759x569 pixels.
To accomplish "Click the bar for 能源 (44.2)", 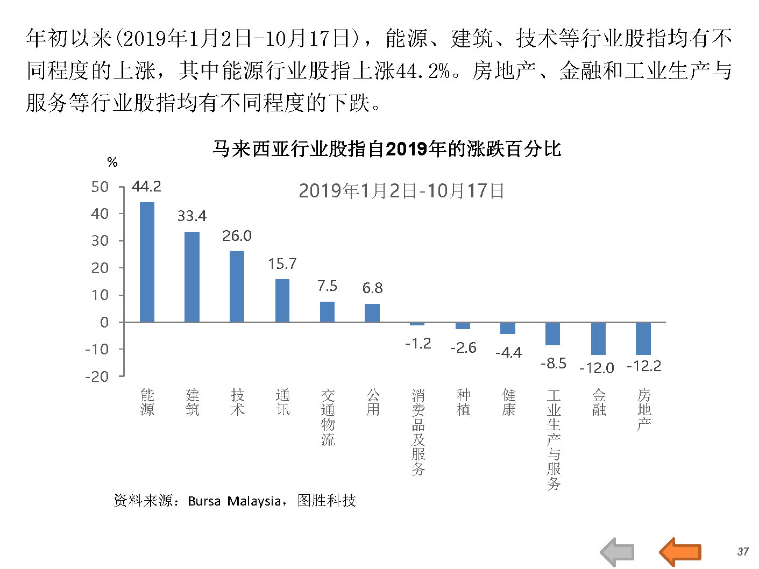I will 147,262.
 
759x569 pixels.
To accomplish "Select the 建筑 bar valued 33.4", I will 192,277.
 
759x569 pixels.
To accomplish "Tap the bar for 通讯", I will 282,301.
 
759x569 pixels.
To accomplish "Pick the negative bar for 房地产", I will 643,338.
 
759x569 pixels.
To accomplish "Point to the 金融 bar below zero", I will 598,338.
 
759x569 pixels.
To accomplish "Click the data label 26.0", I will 237,236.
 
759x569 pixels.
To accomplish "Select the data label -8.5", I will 553,364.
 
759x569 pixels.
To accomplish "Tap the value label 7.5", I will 327,286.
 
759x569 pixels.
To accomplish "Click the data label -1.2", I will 418,343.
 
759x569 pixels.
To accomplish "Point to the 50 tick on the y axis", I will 100,187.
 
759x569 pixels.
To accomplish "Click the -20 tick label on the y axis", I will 97,376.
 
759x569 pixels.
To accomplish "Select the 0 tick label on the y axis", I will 104,322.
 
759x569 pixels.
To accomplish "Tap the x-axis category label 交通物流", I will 328,417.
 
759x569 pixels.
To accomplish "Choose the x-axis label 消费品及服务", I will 418,432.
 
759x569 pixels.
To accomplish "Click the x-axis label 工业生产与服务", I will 554,439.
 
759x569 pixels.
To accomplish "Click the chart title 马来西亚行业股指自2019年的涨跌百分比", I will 387,149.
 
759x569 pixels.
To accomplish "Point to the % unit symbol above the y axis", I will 112,162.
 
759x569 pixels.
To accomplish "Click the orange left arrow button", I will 680,552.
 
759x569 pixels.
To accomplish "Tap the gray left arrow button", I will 617,552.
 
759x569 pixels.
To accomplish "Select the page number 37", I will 743,551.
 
